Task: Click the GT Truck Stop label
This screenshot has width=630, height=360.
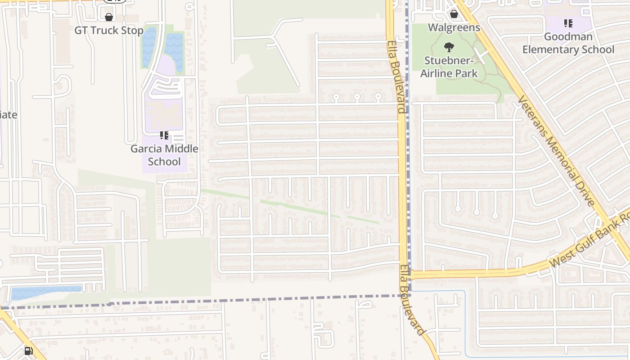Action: click(109, 31)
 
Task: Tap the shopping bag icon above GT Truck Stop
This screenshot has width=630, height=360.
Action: click(108, 18)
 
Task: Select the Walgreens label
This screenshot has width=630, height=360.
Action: click(454, 27)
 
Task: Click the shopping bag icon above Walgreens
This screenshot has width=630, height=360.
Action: click(454, 14)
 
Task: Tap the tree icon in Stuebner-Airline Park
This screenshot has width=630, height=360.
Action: click(449, 46)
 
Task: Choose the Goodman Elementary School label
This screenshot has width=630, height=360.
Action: click(568, 43)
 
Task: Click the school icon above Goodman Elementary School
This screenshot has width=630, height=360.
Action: click(568, 23)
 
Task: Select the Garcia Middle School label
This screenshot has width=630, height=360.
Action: click(164, 155)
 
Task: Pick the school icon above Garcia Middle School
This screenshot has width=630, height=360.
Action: click(164, 135)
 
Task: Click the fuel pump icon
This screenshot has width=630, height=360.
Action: click(28, 351)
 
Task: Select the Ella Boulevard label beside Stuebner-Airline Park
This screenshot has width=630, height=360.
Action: click(396, 76)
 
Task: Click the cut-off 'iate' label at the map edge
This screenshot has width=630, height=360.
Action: click(8, 115)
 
